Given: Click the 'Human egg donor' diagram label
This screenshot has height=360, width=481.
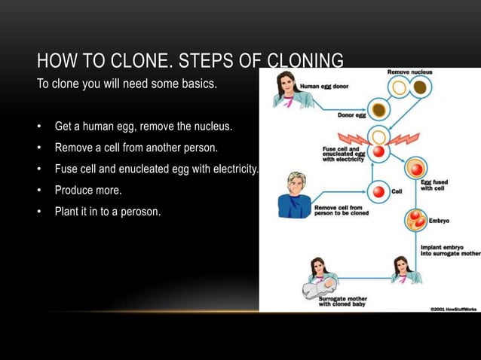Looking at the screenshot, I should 326,87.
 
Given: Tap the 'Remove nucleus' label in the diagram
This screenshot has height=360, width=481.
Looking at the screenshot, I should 410,72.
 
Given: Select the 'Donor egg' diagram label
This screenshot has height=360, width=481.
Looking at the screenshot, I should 352,116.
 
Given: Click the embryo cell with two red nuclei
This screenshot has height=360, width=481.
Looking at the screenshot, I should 416,219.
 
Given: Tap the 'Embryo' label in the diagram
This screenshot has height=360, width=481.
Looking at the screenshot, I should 439,221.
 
